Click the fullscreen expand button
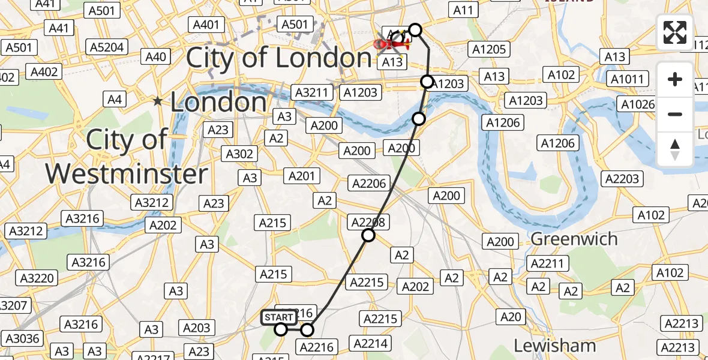(x=675, y=32)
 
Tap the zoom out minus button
(x=675, y=114)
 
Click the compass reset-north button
(x=675, y=149)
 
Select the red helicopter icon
(x=391, y=43)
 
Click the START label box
(x=279, y=317)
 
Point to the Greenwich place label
(x=574, y=239)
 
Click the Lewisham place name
(x=555, y=346)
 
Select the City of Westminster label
(x=127, y=157)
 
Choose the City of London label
(x=279, y=58)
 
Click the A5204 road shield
(x=107, y=47)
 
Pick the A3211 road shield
(x=312, y=92)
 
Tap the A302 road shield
(x=239, y=154)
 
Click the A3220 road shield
(x=37, y=278)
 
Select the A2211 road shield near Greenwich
(x=545, y=264)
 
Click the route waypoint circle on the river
(x=419, y=119)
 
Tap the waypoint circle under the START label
(x=281, y=329)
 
